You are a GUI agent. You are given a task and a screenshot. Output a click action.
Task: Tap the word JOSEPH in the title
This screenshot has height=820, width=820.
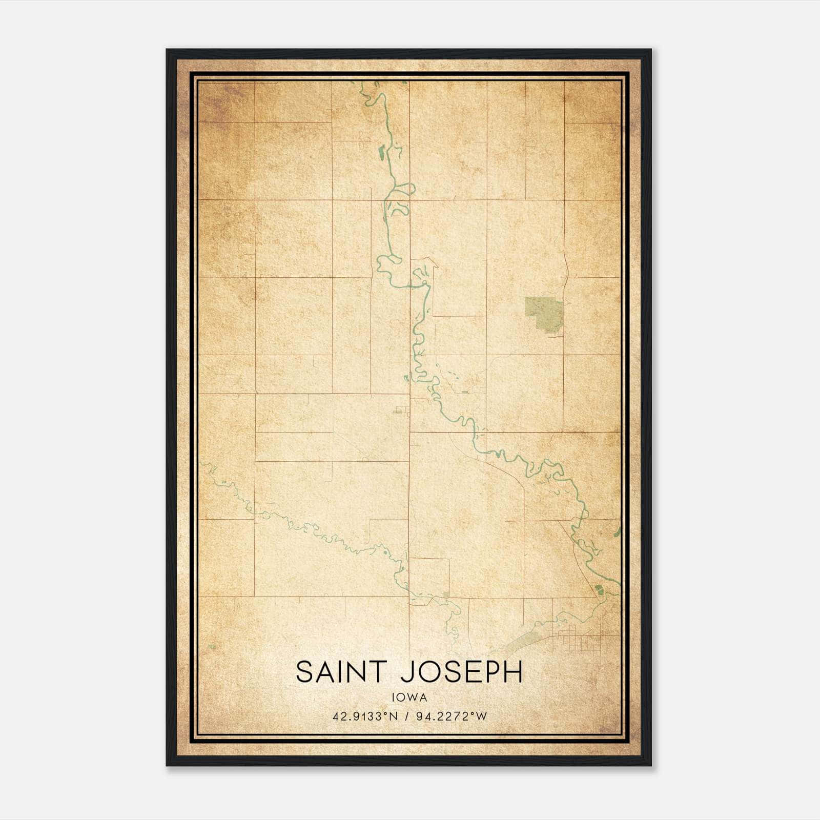coord(461,672)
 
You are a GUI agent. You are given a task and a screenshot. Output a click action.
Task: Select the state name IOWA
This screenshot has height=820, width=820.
coord(409,697)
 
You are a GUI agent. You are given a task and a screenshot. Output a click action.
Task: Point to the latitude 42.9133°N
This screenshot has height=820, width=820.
coord(365,716)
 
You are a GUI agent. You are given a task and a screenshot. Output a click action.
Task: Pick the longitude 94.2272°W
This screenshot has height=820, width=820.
coord(450,716)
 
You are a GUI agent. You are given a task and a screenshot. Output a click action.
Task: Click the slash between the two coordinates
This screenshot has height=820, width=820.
coord(407,716)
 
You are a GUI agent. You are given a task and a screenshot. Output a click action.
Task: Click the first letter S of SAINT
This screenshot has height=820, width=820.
coord(304,672)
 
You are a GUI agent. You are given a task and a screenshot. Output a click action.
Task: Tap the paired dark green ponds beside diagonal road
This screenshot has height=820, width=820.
coord(598,589)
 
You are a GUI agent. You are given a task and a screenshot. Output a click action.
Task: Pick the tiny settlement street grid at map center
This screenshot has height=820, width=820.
coord(402,410)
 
